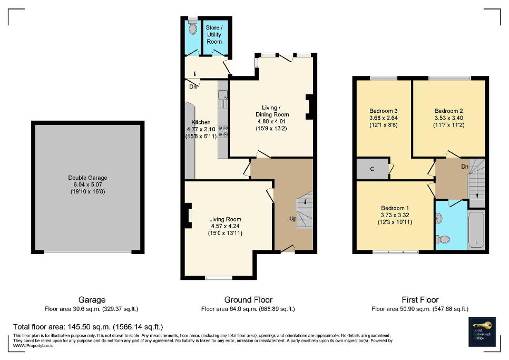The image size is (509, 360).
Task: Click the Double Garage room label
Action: (x=87, y=178)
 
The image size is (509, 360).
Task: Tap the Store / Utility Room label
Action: (x=214, y=34)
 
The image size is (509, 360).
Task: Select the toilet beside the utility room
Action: (x=192, y=28)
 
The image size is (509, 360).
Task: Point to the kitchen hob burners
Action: (x=223, y=131)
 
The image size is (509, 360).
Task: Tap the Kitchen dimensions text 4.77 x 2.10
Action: (x=200, y=129)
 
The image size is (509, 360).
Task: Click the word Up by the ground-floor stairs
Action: (x=292, y=219)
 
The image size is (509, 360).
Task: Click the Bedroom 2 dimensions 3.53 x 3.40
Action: (x=448, y=118)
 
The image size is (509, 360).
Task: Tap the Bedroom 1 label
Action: (x=394, y=208)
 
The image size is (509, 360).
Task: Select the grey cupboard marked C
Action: (x=372, y=169)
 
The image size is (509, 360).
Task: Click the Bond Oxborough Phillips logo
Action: (x=483, y=331)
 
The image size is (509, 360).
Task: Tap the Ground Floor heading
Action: (x=248, y=300)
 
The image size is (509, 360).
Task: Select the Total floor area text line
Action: (x=88, y=327)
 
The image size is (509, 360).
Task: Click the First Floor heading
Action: (x=419, y=300)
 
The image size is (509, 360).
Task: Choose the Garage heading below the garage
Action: (x=92, y=300)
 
